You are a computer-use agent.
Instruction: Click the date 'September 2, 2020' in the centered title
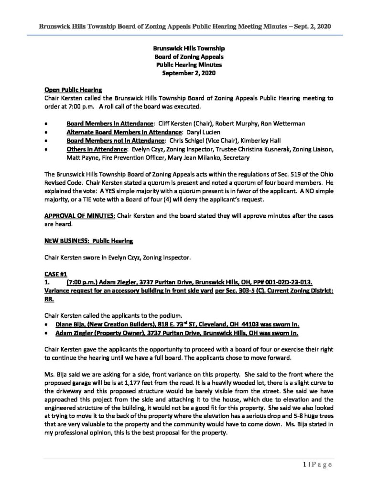point(189,73)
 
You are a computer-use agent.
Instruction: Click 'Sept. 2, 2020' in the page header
point(313,24)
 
